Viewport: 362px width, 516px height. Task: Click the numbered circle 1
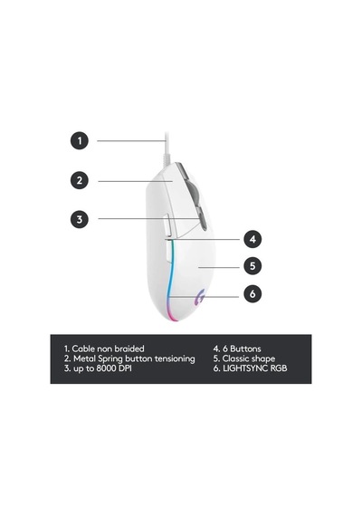click(80, 141)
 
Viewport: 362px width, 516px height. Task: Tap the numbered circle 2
click(80, 180)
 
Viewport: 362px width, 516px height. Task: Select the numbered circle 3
click(80, 219)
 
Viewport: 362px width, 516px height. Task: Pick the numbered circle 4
click(252, 239)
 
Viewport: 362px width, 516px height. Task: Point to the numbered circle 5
click(252, 266)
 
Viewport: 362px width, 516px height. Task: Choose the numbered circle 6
click(252, 293)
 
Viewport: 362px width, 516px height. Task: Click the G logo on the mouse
click(200, 297)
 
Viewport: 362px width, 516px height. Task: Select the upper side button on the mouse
click(167, 225)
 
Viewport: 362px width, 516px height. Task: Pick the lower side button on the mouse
click(167, 252)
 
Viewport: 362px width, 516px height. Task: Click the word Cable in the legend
click(83, 349)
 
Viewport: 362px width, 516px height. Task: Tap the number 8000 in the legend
click(106, 368)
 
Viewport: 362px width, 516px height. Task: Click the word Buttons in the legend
click(245, 349)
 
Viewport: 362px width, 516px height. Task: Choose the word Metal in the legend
click(84, 358)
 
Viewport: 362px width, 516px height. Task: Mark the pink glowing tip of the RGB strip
click(173, 317)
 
